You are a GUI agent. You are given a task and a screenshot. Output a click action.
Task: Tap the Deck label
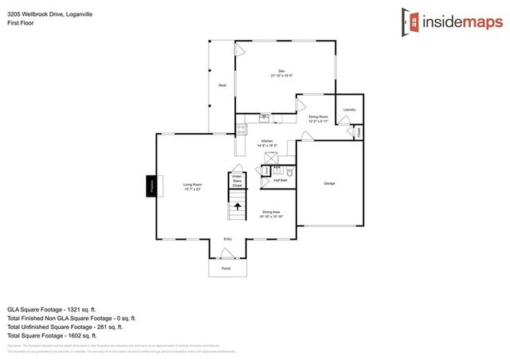point(223,85)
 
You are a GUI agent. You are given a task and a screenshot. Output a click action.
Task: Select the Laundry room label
point(349,109)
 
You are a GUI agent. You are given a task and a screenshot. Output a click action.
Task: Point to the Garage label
point(329,183)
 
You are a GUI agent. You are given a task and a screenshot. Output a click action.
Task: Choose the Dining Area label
point(271,213)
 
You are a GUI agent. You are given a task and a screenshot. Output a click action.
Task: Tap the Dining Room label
point(319,118)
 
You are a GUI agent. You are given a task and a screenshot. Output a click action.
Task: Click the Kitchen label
point(266,143)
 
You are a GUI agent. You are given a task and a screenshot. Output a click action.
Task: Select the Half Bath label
point(280,181)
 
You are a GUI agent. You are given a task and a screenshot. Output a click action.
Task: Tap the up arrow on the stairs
point(237,206)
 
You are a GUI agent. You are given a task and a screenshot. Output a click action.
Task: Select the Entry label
point(227,239)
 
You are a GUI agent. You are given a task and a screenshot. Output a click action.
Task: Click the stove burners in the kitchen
point(240,131)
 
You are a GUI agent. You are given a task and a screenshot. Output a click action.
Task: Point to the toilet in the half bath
point(291,171)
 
